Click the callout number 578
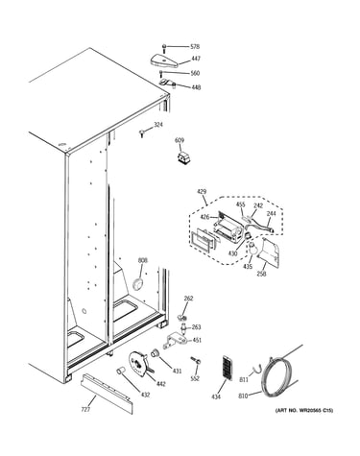(195, 47)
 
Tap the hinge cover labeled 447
(163, 60)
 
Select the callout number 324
(158, 125)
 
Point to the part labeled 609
(184, 158)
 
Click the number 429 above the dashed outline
(202, 192)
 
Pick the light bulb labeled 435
(252, 249)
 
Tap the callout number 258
(261, 274)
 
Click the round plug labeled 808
(138, 284)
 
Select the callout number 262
(188, 299)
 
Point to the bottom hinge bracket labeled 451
(175, 341)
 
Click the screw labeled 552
(195, 360)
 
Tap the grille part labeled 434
(227, 368)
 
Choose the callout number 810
(243, 396)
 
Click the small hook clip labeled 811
(256, 370)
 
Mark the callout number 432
(145, 396)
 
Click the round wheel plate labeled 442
(139, 363)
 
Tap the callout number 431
(177, 372)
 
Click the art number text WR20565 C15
(316, 410)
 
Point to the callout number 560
(195, 73)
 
